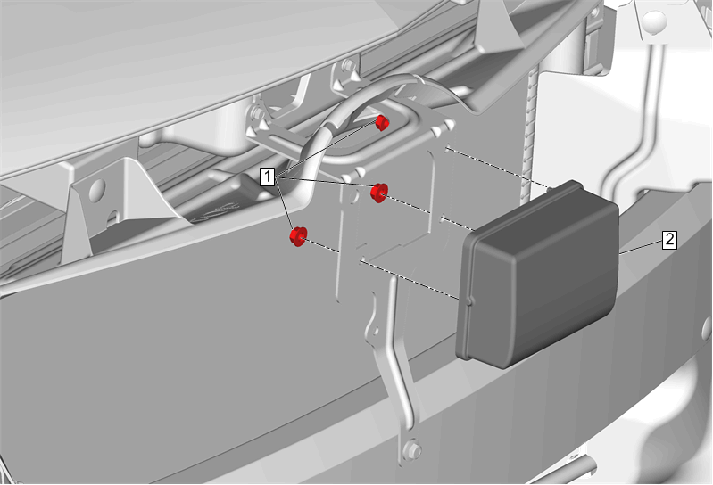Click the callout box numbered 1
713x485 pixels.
(268, 177)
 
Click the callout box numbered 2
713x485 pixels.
(669, 239)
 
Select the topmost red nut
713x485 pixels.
(382, 123)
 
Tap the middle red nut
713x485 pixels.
(378, 193)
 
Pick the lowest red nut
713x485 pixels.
(298, 235)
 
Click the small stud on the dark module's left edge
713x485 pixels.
(470, 300)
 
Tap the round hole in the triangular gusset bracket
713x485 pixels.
(97, 190)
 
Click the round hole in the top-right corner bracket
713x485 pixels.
(654, 20)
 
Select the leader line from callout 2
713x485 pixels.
(641, 247)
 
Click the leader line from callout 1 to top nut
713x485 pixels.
(327, 151)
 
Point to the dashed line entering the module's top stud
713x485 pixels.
(498, 167)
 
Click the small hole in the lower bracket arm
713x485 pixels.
(375, 332)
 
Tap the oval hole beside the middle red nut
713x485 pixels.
(352, 197)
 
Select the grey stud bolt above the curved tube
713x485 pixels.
(351, 65)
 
